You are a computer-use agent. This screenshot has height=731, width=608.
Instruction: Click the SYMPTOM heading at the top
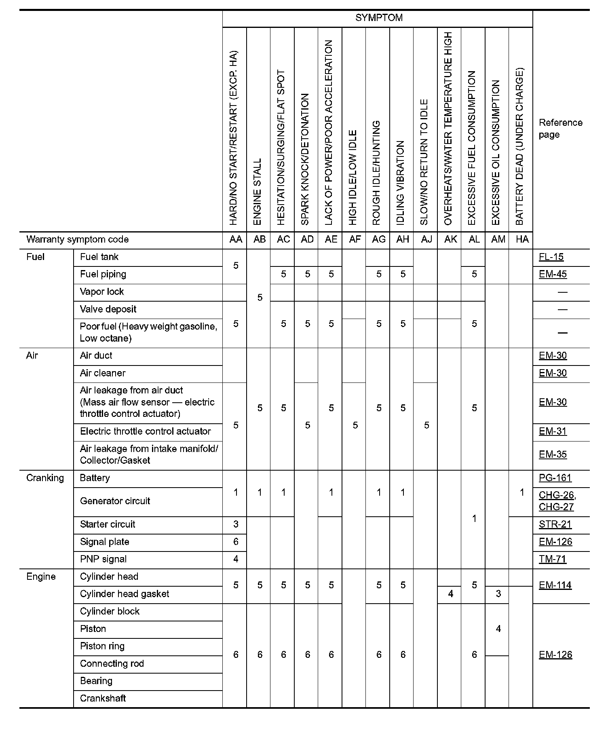378,18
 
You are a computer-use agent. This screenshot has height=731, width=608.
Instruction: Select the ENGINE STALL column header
258,191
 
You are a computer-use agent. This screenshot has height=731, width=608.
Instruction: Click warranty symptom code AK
450,239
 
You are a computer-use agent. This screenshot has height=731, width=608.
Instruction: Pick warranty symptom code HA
522,239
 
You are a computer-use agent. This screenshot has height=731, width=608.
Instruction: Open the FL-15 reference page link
551,257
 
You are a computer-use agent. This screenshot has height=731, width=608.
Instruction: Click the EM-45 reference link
553,275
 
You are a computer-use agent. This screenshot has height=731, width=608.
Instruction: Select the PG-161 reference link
555,478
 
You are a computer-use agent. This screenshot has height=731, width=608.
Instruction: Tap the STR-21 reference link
555,524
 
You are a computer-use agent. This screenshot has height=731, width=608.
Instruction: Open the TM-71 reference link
553,559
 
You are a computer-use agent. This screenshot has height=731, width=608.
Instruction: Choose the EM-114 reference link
555,585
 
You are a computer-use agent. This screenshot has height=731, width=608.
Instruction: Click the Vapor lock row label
102,292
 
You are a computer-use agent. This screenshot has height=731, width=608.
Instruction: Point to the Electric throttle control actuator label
146,431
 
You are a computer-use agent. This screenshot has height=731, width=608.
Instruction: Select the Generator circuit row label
115,501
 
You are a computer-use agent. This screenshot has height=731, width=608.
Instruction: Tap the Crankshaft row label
103,698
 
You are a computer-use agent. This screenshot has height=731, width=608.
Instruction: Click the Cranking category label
45,478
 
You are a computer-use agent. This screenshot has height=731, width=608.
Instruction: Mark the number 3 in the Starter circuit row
236,524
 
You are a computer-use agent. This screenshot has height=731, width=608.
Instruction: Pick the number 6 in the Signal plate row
236,542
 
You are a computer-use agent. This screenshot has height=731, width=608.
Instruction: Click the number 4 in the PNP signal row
236,559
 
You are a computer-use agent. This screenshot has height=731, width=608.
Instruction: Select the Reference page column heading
560,129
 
